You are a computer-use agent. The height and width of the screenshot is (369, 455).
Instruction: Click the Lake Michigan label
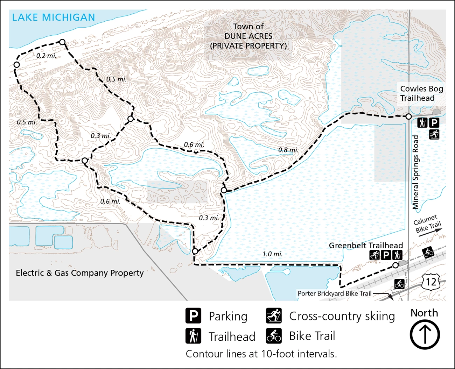click(x=54, y=17)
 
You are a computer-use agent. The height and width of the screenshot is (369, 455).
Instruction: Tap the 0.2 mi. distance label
click(x=46, y=56)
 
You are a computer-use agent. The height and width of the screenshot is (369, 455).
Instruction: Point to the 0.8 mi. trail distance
click(x=288, y=150)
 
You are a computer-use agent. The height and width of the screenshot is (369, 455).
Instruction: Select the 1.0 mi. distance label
click(x=272, y=254)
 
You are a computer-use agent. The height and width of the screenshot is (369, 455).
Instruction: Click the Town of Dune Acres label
click(x=248, y=36)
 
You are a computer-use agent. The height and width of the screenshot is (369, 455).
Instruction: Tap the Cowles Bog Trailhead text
click(x=421, y=93)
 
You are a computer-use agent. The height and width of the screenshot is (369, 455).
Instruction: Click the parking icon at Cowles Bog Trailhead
click(x=434, y=123)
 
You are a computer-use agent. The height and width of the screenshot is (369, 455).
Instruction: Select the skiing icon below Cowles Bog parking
click(x=434, y=134)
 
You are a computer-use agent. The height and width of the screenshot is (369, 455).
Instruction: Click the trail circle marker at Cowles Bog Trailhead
click(x=408, y=116)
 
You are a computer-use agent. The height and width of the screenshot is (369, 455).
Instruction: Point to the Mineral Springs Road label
click(x=415, y=172)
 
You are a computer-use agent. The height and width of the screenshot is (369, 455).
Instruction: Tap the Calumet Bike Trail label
click(x=427, y=224)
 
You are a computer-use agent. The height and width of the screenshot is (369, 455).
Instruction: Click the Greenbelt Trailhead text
click(x=366, y=246)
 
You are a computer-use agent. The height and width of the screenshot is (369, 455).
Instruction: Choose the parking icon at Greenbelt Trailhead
click(x=386, y=255)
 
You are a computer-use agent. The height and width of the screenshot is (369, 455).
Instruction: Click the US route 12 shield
click(x=431, y=282)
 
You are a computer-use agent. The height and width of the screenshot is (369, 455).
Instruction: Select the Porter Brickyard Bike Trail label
click(x=334, y=293)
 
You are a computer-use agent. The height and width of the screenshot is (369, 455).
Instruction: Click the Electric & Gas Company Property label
click(x=80, y=273)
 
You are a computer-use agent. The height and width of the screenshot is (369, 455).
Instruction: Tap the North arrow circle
click(x=425, y=335)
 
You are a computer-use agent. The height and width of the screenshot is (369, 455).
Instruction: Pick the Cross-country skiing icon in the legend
click(x=274, y=316)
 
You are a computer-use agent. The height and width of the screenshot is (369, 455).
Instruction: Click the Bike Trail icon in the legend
click(x=274, y=336)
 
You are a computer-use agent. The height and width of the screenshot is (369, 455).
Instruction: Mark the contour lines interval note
click(x=261, y=354)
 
